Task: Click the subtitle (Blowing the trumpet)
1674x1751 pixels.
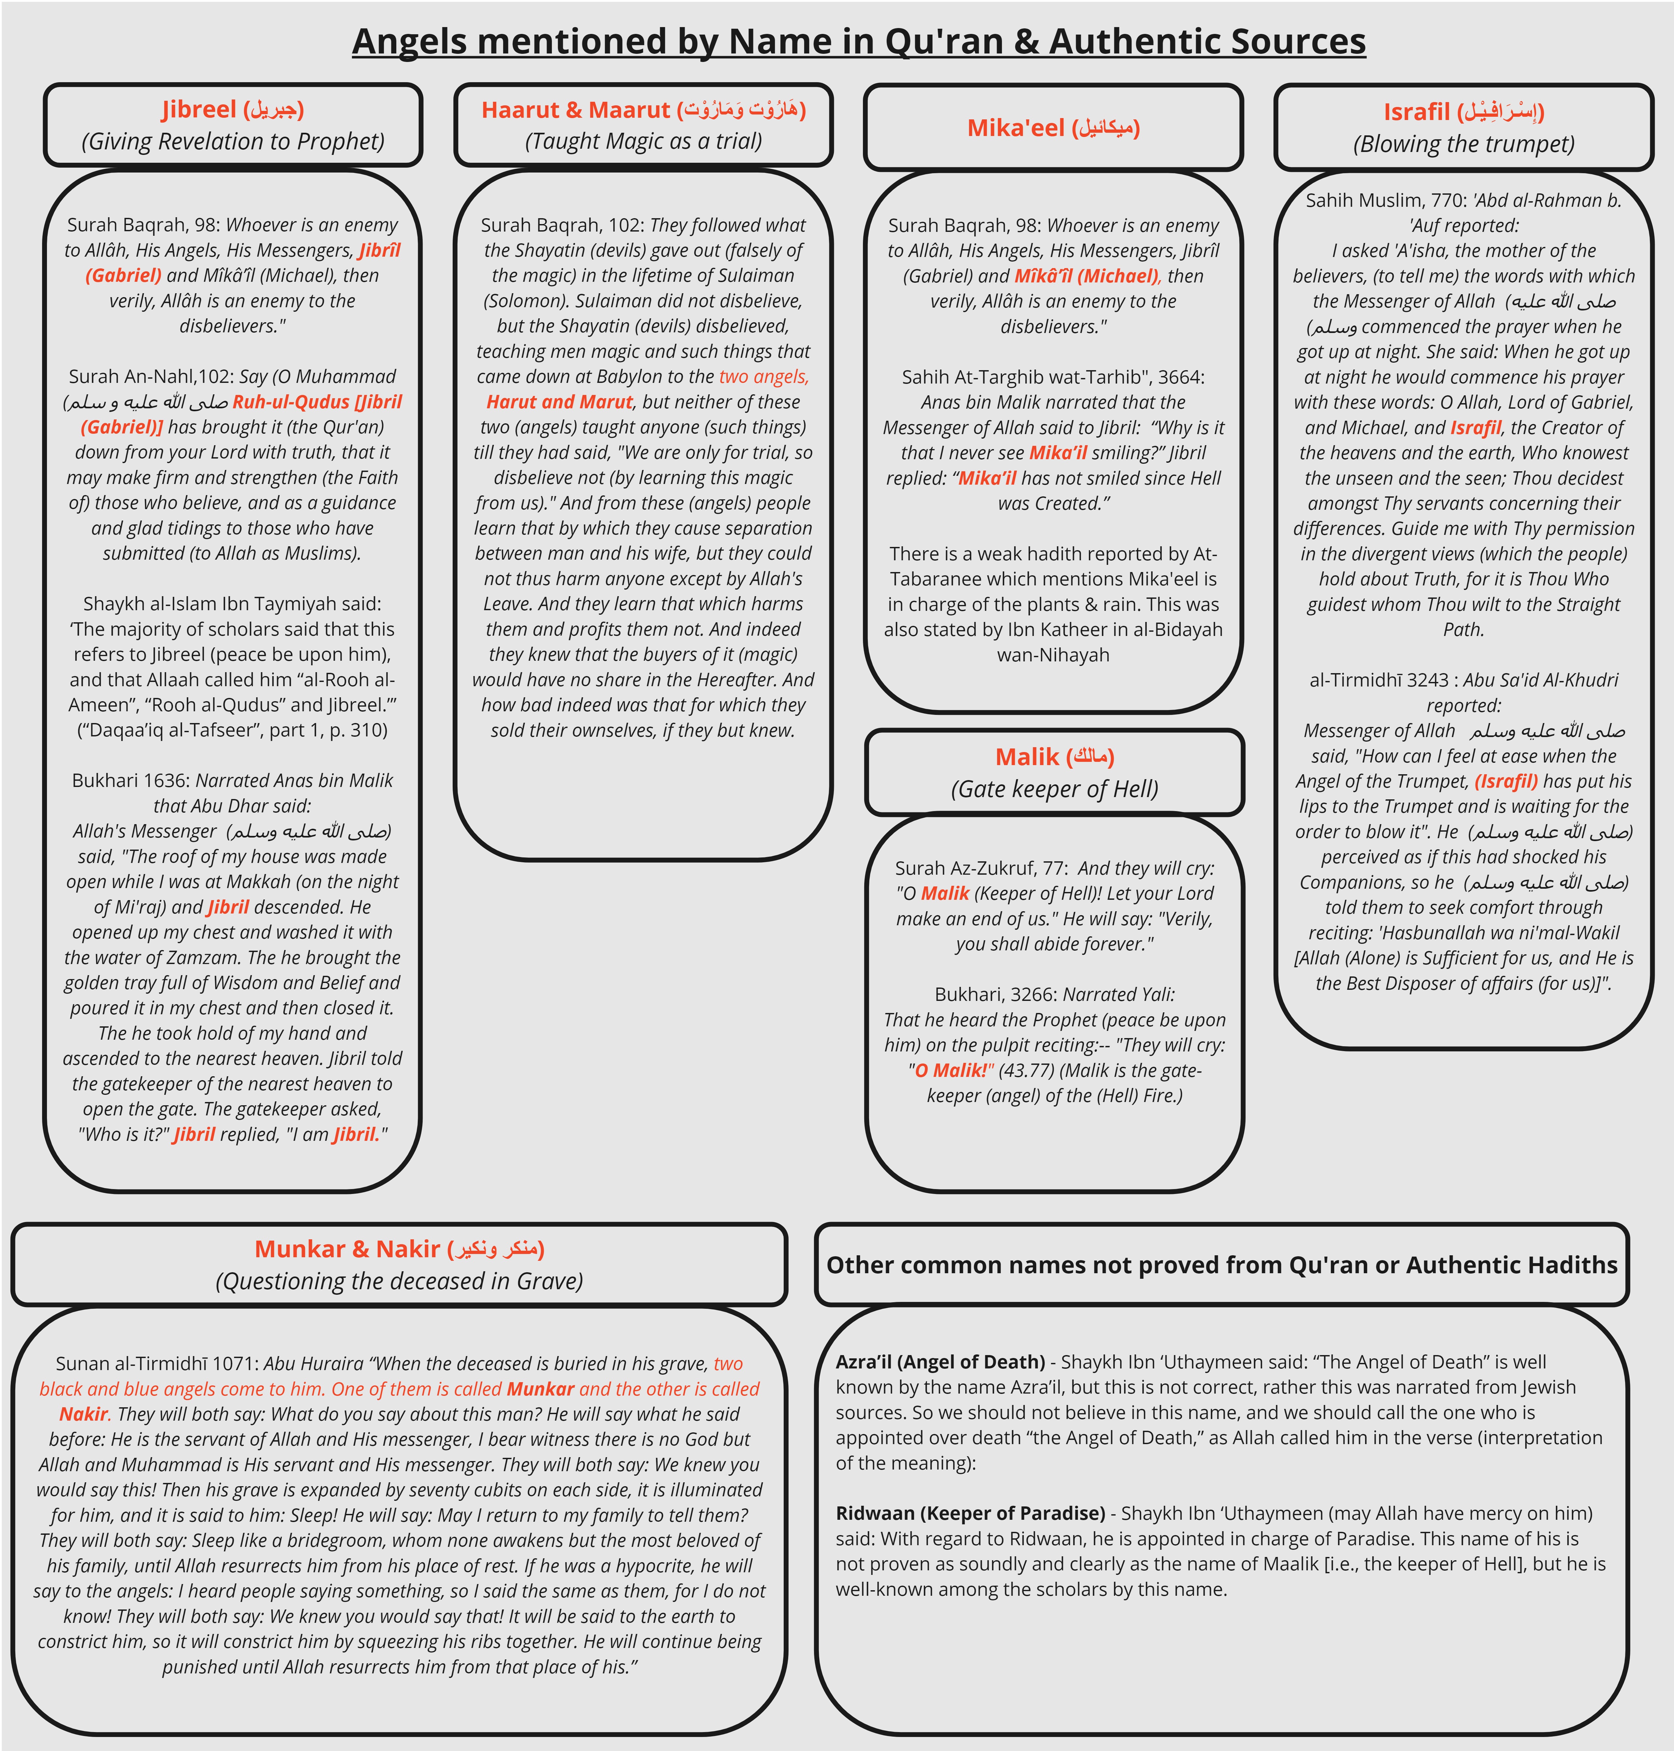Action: click(1463, 144)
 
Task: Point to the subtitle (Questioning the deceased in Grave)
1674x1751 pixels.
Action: click(399, 1281)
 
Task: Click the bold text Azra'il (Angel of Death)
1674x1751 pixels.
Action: click(940, 1362)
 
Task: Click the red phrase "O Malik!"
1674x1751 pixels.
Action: click(950, 1070)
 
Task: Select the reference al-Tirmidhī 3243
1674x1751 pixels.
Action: click(1379, 680)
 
